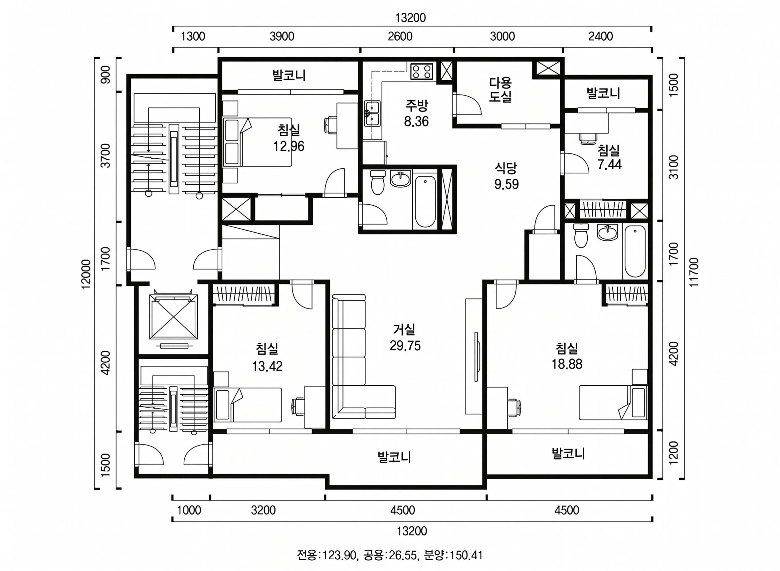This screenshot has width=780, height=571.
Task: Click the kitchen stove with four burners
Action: tap(422, 71)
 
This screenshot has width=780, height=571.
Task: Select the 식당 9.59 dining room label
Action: tap(506, 176)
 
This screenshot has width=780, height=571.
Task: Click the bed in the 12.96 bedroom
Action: tap(258, 142)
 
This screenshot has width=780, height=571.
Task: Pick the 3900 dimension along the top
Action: tap(282, 36)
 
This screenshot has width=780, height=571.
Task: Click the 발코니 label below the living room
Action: tap(394, 457)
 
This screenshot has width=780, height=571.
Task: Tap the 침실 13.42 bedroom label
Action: tap(267, 357)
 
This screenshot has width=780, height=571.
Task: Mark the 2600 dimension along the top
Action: tap(400, 36)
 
